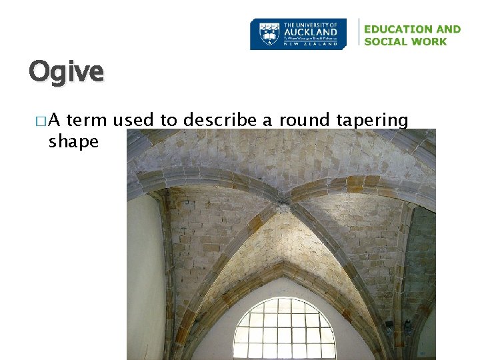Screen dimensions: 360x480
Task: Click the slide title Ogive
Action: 66,71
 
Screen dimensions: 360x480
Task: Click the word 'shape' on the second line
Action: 73,141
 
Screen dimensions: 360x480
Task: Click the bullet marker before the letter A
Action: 42,121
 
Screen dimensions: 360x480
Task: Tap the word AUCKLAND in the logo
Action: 311,31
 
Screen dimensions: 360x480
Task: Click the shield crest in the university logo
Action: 269,33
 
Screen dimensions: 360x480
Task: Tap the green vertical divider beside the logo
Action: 359,33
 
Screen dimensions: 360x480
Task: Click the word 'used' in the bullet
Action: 137,120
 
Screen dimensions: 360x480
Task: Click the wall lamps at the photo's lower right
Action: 398,327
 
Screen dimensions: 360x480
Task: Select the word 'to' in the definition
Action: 169,120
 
